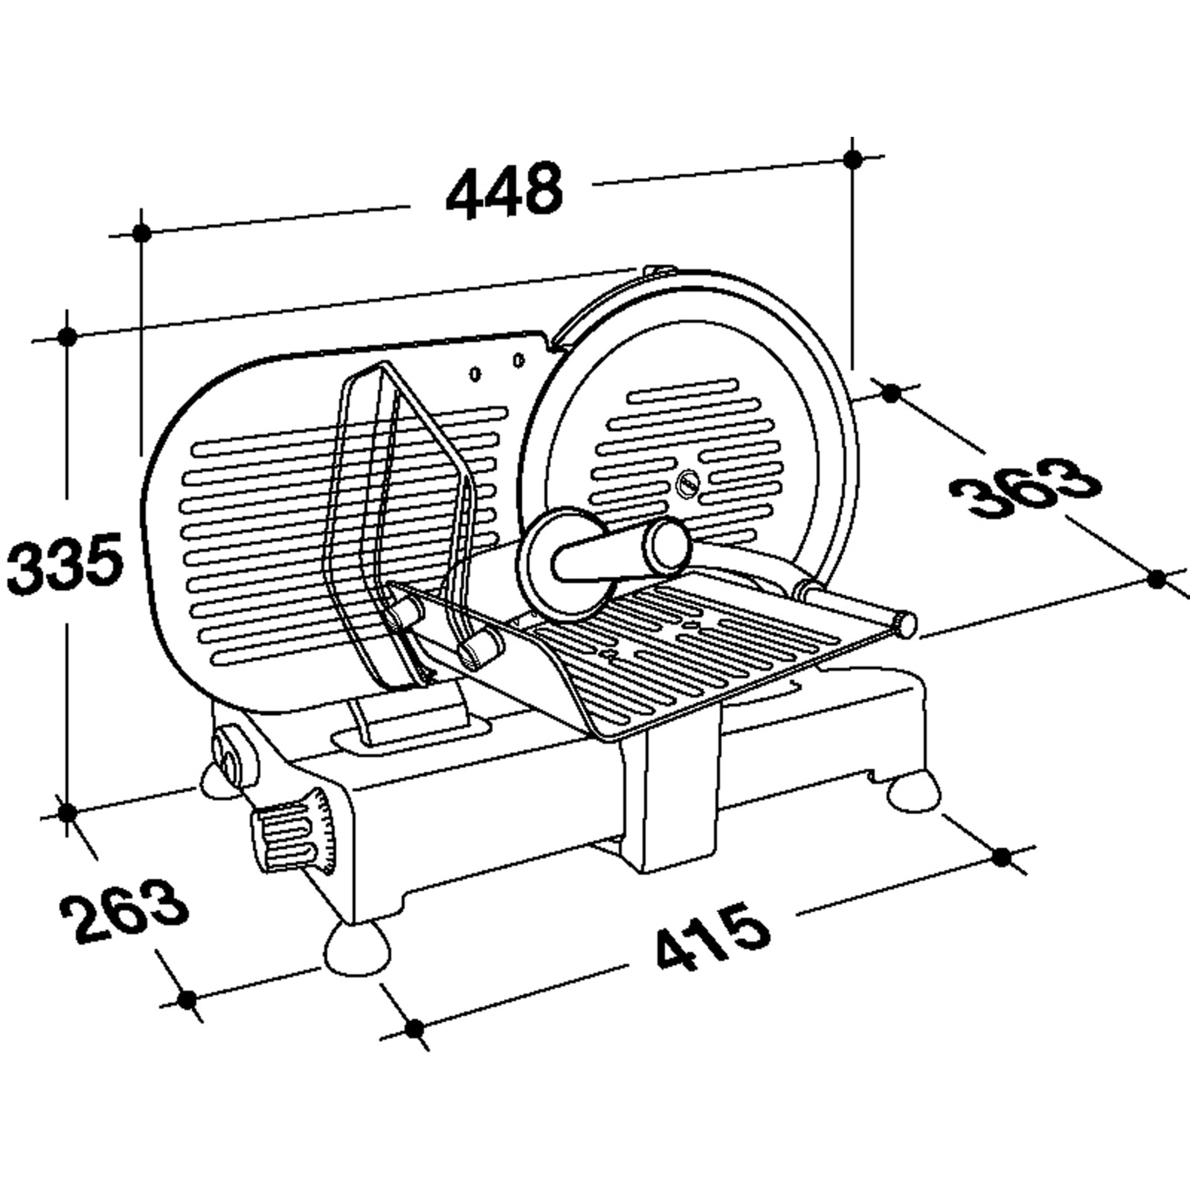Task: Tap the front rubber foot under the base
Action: [358, 949]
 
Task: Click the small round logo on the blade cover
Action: [689, 481]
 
